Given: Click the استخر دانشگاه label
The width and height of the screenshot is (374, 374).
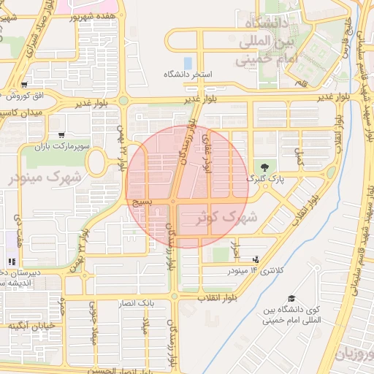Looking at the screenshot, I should [x=187, y=75].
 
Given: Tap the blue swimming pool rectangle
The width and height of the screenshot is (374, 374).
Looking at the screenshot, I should [x=188, y=63].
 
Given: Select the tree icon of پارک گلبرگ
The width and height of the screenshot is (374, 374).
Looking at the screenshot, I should [x=264, y=167].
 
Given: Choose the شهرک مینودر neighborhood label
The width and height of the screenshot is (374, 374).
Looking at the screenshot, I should [x=45, y=178].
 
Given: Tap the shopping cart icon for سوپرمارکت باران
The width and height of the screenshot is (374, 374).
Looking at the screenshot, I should [x=61, y=135].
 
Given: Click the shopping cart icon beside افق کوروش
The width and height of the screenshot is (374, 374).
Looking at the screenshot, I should [x=25, y=85].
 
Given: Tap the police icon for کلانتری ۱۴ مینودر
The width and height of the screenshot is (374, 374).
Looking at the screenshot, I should [x=255, y=259].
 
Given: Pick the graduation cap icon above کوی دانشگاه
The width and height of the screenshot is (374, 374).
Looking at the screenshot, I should [x=292, y=299].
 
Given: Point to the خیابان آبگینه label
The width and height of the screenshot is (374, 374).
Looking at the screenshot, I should [x=28, y=325].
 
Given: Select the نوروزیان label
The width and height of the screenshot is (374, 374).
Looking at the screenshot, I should [x=354, y=354].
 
